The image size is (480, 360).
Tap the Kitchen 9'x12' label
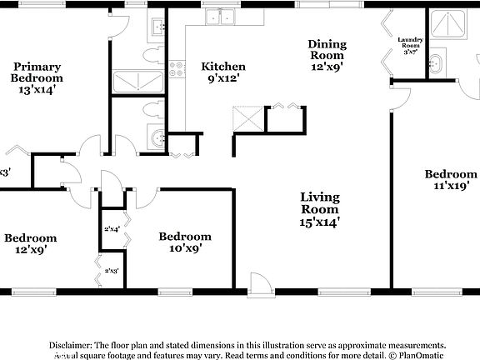coord(222,72)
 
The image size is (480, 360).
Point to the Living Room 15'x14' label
coord(320,210)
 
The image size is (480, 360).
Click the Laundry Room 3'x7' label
coord(410,46)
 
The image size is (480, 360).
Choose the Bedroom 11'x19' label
coord(450,180)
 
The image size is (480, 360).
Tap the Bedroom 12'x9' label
coord(30,243)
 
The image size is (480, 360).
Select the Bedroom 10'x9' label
coord(185,242)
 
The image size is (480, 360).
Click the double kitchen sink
coord(219,16)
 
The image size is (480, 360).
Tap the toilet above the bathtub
coord(152,54)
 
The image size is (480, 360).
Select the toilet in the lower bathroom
coord(152,110)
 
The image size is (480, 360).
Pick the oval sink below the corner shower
coord(437,62)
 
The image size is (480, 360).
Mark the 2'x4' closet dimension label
coord(112,228)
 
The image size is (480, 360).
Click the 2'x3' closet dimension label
coord(112,271)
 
